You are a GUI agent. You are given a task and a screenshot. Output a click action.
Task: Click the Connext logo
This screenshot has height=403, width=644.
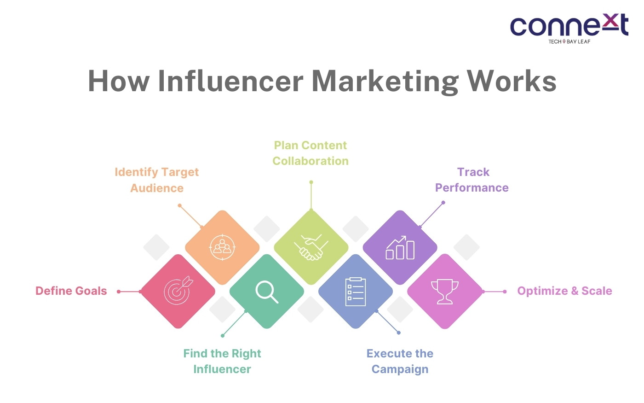pos(569,29)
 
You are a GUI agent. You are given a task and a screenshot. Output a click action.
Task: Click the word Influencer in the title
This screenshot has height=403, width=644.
pos(230,81)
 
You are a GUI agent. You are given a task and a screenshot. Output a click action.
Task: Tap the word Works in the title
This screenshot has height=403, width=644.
pos(511,81)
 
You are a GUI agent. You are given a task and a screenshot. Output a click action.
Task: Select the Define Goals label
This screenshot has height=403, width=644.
pos(71,291)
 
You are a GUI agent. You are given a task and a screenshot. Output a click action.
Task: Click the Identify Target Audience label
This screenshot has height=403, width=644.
pos(157,180)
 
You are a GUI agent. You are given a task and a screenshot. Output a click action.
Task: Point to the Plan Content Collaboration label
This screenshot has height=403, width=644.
pos(310,153)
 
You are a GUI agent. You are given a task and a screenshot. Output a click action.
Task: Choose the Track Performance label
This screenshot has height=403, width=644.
pos(472,180)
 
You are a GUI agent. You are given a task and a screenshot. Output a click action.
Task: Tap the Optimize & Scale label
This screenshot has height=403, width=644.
pos(565,291)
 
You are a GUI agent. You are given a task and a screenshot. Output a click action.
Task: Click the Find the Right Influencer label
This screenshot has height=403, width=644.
pos(222,361)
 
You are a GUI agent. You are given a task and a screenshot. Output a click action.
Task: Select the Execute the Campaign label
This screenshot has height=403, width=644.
pos(400,361)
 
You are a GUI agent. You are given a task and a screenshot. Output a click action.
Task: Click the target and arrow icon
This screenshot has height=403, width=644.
pos(178,290)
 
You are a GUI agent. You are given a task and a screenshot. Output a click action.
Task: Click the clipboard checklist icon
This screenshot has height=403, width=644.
pos(355,292)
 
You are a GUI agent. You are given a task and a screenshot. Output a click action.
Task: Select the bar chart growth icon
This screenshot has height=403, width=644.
pos(400,248)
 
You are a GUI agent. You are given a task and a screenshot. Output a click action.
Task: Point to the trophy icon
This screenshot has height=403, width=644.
pos(445,292)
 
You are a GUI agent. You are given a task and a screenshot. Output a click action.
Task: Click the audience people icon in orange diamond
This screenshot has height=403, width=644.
pos(222,248)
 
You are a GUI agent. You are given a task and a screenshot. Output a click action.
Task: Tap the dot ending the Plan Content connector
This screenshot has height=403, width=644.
pos(311,182)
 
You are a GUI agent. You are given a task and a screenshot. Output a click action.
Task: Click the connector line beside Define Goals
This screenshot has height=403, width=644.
pos(129,292)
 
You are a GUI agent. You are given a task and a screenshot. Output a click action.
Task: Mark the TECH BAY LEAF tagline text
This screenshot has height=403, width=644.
pos(569,41)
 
